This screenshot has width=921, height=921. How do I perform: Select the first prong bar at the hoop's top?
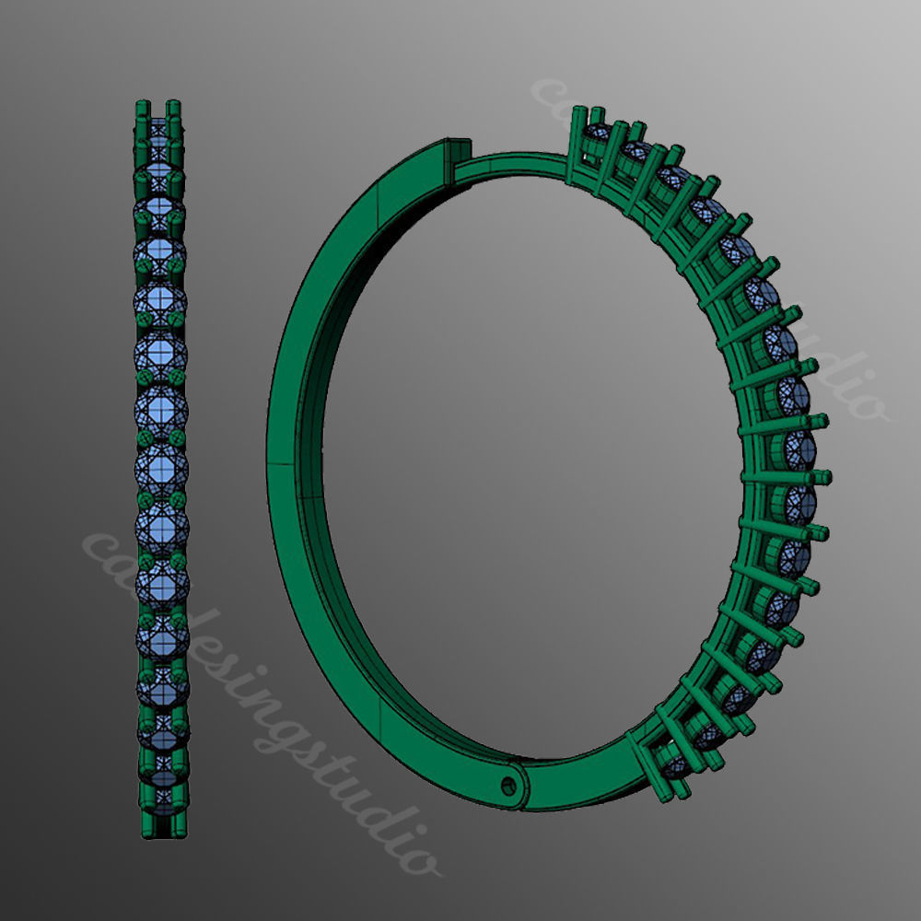click(577, 138)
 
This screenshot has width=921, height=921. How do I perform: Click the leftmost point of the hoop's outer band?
click(268, 460)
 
